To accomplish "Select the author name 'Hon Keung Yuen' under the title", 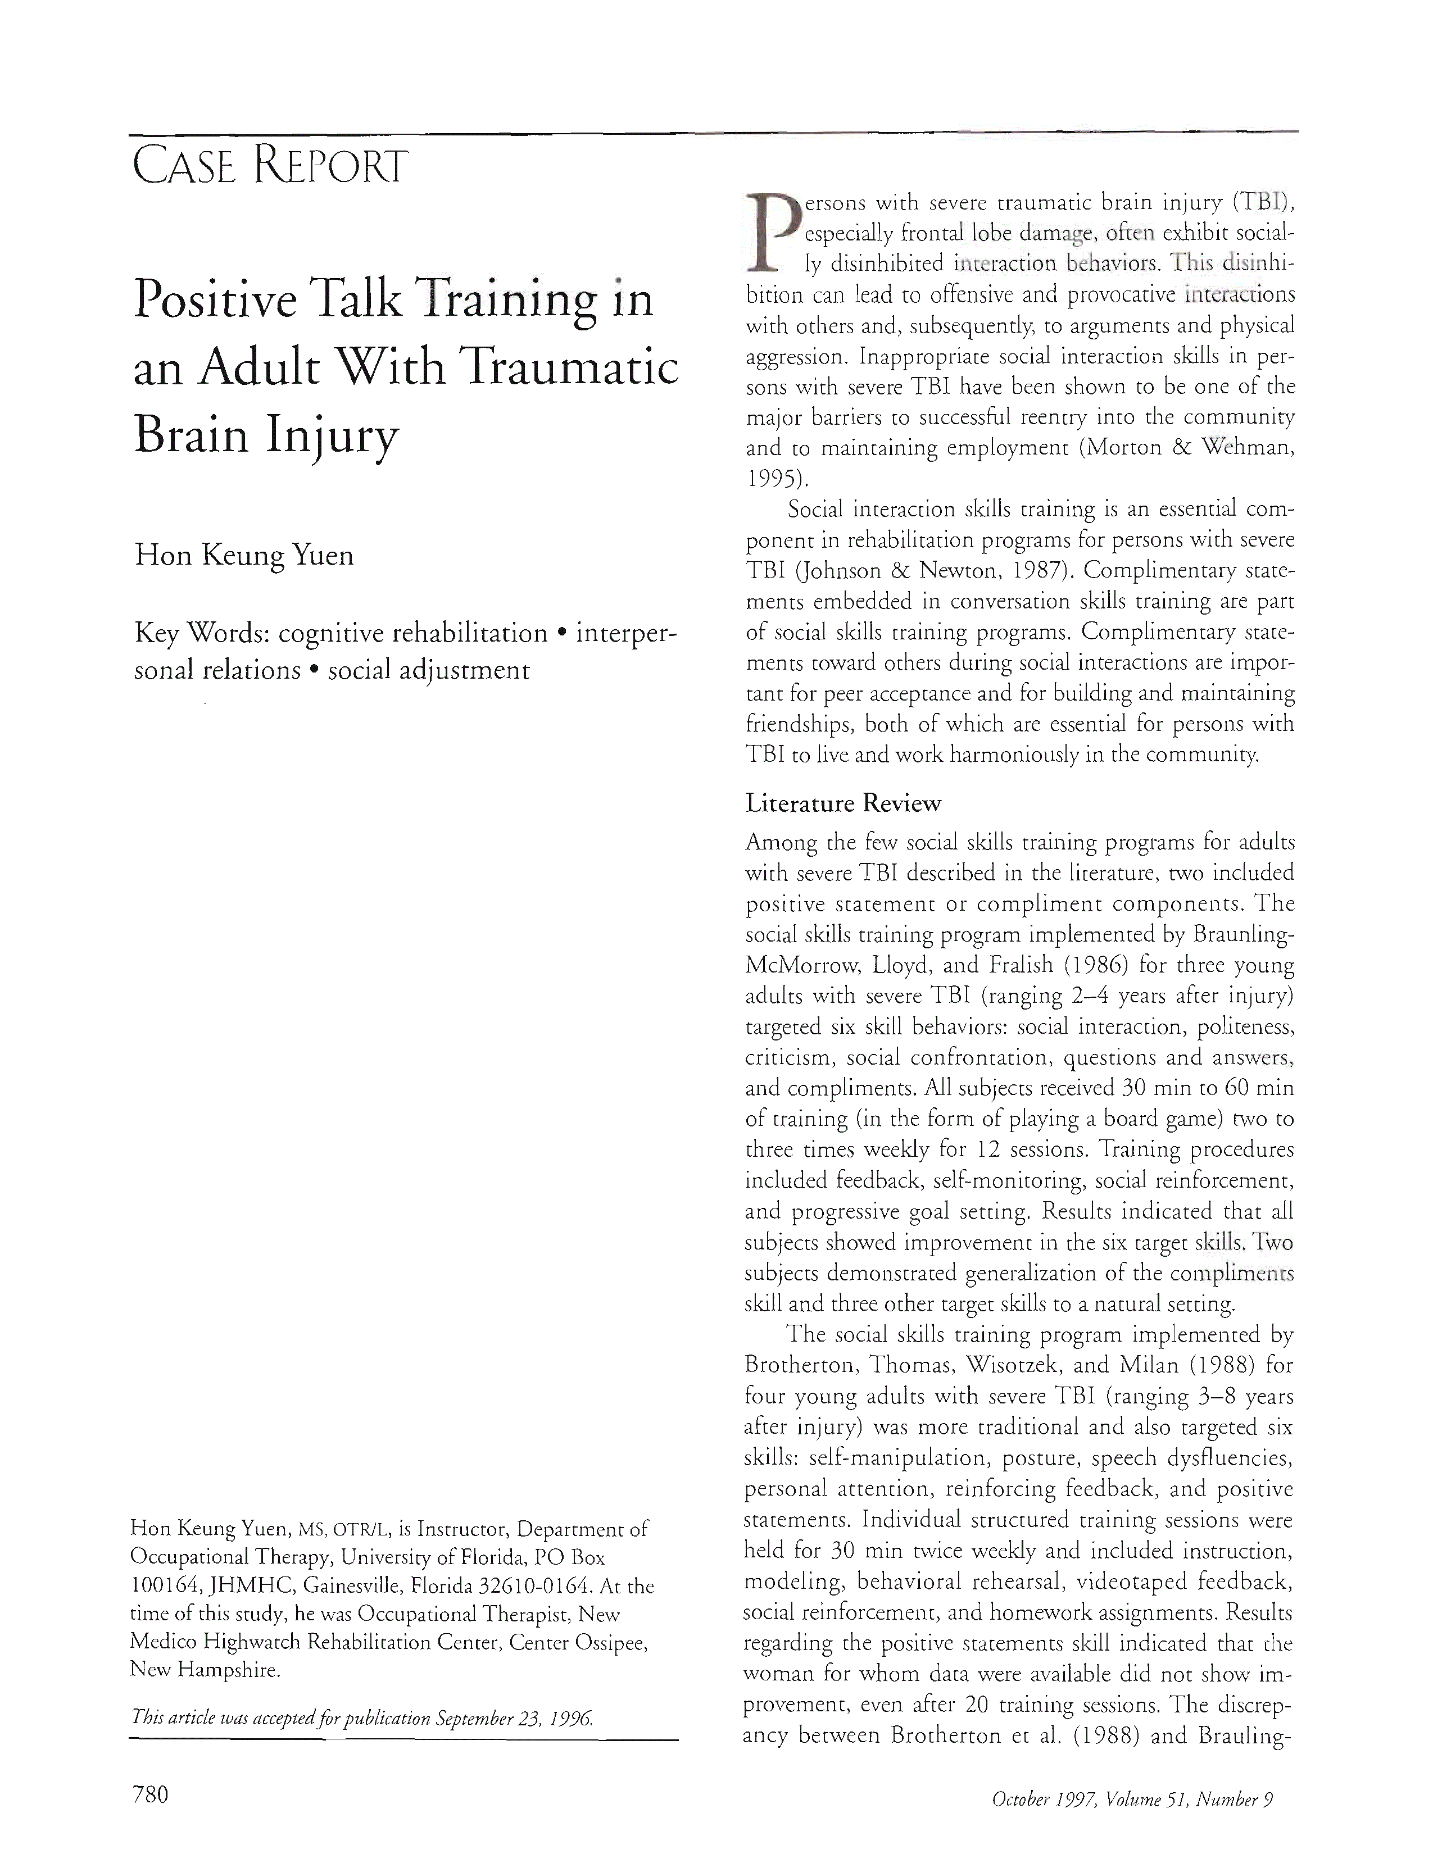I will pos(244,556).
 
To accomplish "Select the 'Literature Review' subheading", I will pos(843,803).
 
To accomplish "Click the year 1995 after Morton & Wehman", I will pos(772,479).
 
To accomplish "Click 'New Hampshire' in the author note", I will pos(204,1671).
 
